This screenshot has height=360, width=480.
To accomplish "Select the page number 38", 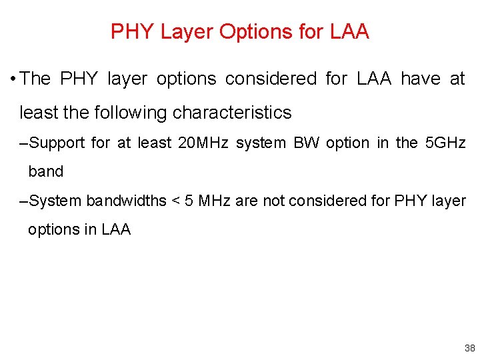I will tap(469, 349).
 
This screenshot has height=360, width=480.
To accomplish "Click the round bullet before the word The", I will tap(13, 79).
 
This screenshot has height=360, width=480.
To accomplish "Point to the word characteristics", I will tap(232, 113).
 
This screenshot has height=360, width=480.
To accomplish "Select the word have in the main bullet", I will tap(421, 79).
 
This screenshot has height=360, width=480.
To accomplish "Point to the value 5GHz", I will tap(445, 143).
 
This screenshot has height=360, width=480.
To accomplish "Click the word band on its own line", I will tap(45, 171).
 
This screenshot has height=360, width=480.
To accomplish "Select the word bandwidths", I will tap(126, 200).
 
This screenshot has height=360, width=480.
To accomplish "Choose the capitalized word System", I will tap(56, 200).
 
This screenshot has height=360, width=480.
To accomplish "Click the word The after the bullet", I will tap(35, 79).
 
